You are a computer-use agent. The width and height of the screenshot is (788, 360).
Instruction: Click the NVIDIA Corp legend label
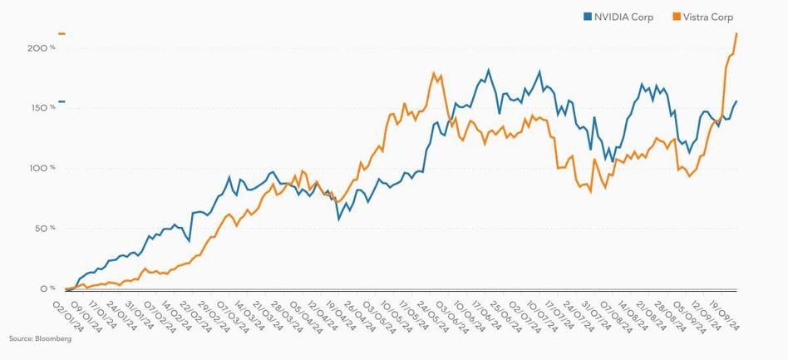click(623, 17)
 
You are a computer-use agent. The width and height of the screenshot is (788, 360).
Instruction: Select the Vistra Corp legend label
click(707, 17)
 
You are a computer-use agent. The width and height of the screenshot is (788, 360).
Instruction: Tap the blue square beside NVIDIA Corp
click(588, 17)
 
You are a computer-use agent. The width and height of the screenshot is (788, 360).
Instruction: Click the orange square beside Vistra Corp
click(677, 17)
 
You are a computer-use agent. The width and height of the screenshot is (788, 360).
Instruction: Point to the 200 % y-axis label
click(41, 48)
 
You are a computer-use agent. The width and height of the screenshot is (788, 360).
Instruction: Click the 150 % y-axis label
click(41, 108)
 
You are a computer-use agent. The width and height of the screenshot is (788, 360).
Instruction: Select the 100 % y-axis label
click(41, 168)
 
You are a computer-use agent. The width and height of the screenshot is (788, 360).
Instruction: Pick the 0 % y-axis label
click(47, 289)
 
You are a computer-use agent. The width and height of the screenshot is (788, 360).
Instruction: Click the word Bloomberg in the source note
click(54, 339)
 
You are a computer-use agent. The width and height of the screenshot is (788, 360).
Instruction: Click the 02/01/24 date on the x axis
click(68, 316)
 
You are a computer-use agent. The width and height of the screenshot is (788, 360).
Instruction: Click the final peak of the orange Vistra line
click(736, 33)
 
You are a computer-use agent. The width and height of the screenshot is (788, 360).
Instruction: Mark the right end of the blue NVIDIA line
click(736, 101)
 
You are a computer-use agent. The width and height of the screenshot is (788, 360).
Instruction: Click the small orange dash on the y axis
click(62, 34)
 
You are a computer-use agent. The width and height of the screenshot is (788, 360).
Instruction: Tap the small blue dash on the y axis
click(62, 101)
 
